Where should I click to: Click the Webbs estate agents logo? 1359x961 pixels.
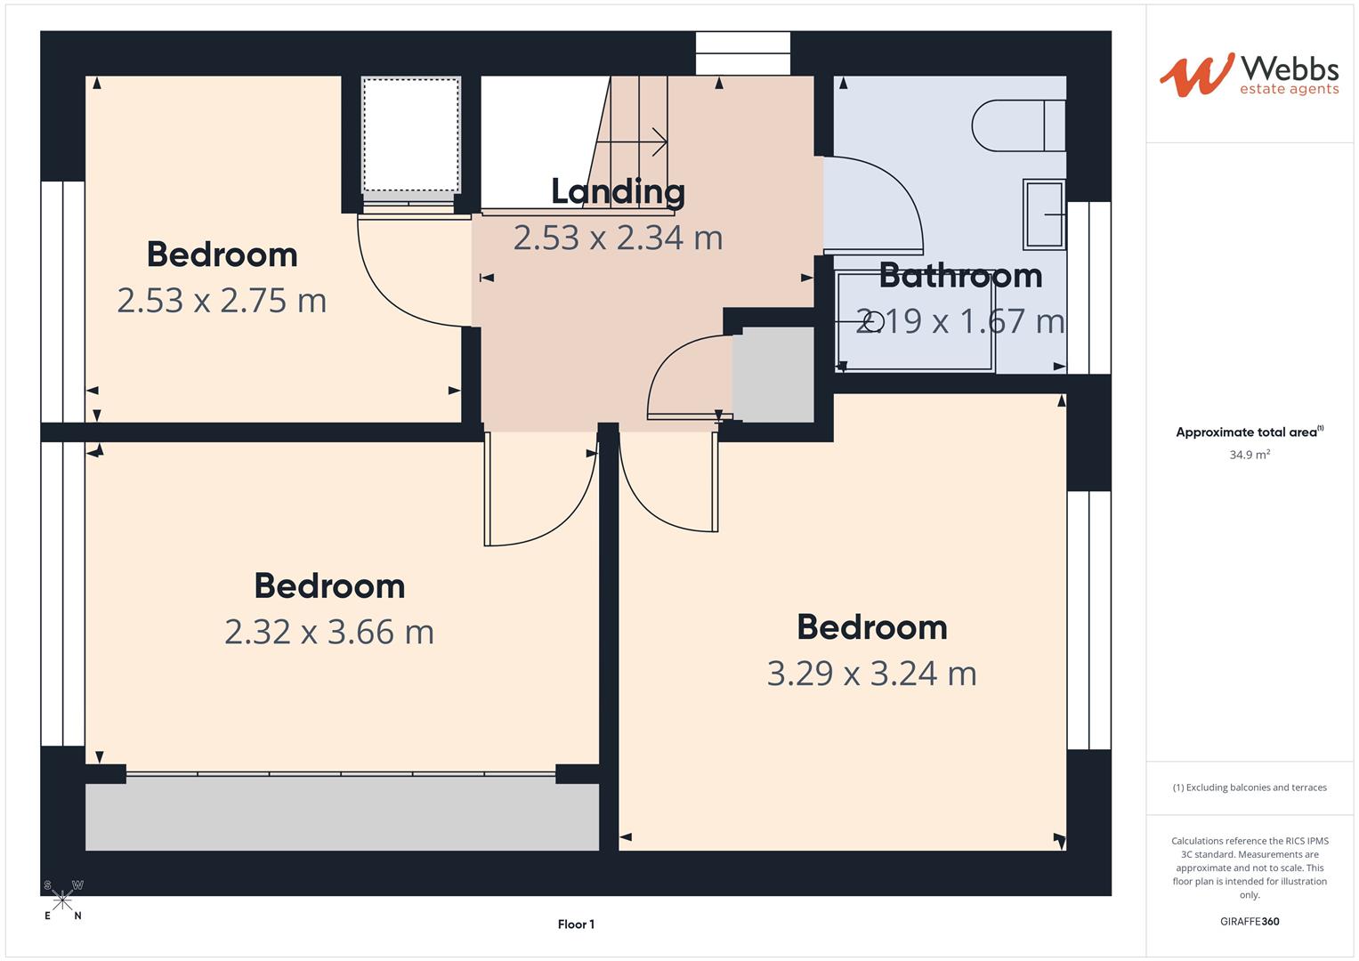tap(1249, 75)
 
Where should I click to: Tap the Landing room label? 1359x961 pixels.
tap(618, 191)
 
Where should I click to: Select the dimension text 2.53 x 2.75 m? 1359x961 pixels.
tap(222, 301)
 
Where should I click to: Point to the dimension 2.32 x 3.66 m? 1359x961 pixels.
tap(329, 632)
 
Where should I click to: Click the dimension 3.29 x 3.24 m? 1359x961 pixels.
tap(871, 674)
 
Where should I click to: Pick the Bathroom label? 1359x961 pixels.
tap(960, 276)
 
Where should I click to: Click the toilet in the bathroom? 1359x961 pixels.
tap(1017, 125)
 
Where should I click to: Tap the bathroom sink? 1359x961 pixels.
tap(1043, 214)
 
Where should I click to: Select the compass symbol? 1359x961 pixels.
tap(62, 900)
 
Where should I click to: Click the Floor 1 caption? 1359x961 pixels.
tap(576, 925)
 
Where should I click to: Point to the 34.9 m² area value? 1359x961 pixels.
tap(1250, 455)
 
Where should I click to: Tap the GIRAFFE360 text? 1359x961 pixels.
tap(1249, 921)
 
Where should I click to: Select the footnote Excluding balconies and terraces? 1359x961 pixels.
tap(1250, 787)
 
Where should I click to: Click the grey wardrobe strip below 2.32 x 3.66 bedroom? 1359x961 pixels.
tap(342, 817)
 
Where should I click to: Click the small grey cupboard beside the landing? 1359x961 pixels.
tap(773, 375)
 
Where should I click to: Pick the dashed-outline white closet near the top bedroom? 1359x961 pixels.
tap(410, 133)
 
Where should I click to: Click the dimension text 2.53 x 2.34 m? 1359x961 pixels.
tap(618, 238)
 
